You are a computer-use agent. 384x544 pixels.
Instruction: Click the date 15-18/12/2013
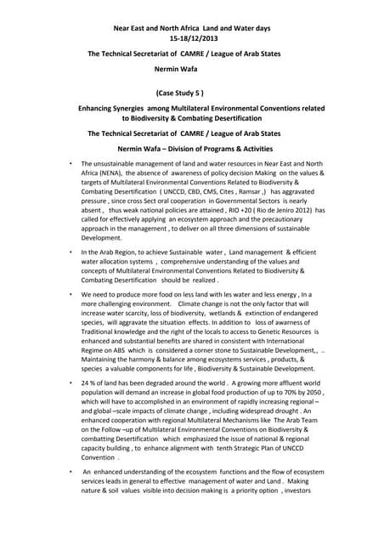(x=191, y=39)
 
